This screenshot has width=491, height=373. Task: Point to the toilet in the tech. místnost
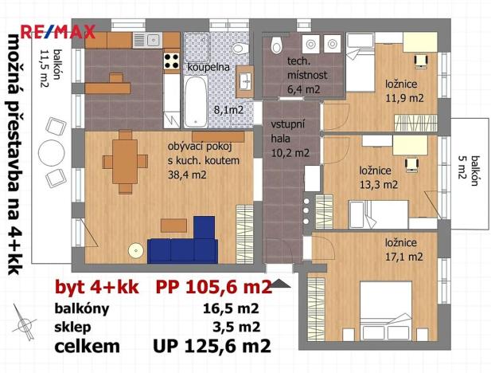(276, 45)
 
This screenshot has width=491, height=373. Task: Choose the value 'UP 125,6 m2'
(212, 346)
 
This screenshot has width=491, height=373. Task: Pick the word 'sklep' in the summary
(72, 326)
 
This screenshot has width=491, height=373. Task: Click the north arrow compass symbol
(26, 326)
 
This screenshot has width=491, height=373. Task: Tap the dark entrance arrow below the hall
(281, 282)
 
